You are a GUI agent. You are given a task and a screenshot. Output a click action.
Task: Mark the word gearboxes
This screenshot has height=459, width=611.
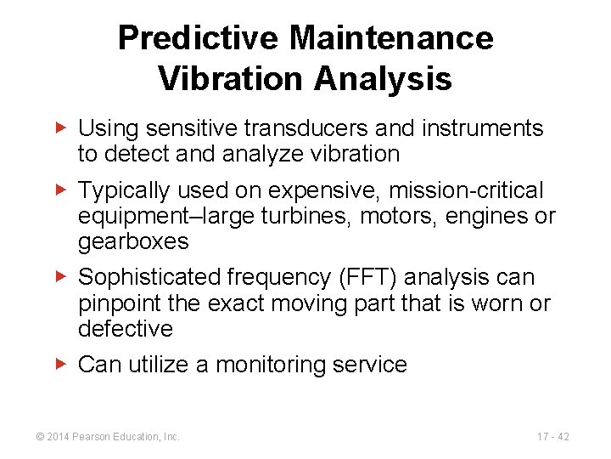pos(133,241)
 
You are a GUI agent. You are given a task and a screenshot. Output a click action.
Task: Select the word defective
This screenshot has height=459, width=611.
pos(125,329)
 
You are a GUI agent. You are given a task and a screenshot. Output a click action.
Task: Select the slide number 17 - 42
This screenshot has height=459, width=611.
pos(552,437)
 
